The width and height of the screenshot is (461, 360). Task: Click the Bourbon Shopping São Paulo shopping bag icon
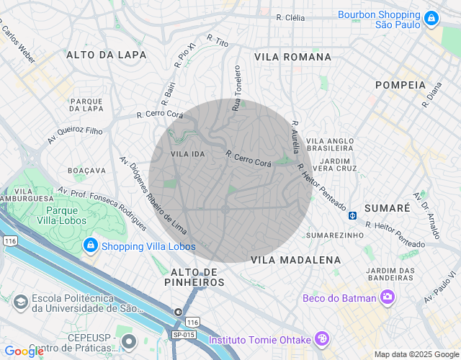click(431, 19)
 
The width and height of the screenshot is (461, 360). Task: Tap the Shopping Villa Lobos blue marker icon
click(90, 246)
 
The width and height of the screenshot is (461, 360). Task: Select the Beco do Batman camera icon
click(388, 297)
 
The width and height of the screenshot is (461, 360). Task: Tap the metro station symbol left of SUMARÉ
click(353, 215)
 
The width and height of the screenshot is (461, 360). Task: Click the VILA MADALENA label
click(295, 259)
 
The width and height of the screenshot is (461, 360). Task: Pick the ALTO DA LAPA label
click(106, 55)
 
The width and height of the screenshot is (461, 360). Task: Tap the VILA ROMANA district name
click(292, 56)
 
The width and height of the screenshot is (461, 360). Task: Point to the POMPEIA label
click(400, 85)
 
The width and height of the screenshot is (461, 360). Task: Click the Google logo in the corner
click(23, 351)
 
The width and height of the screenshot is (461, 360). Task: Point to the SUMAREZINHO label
click(335, 235)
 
